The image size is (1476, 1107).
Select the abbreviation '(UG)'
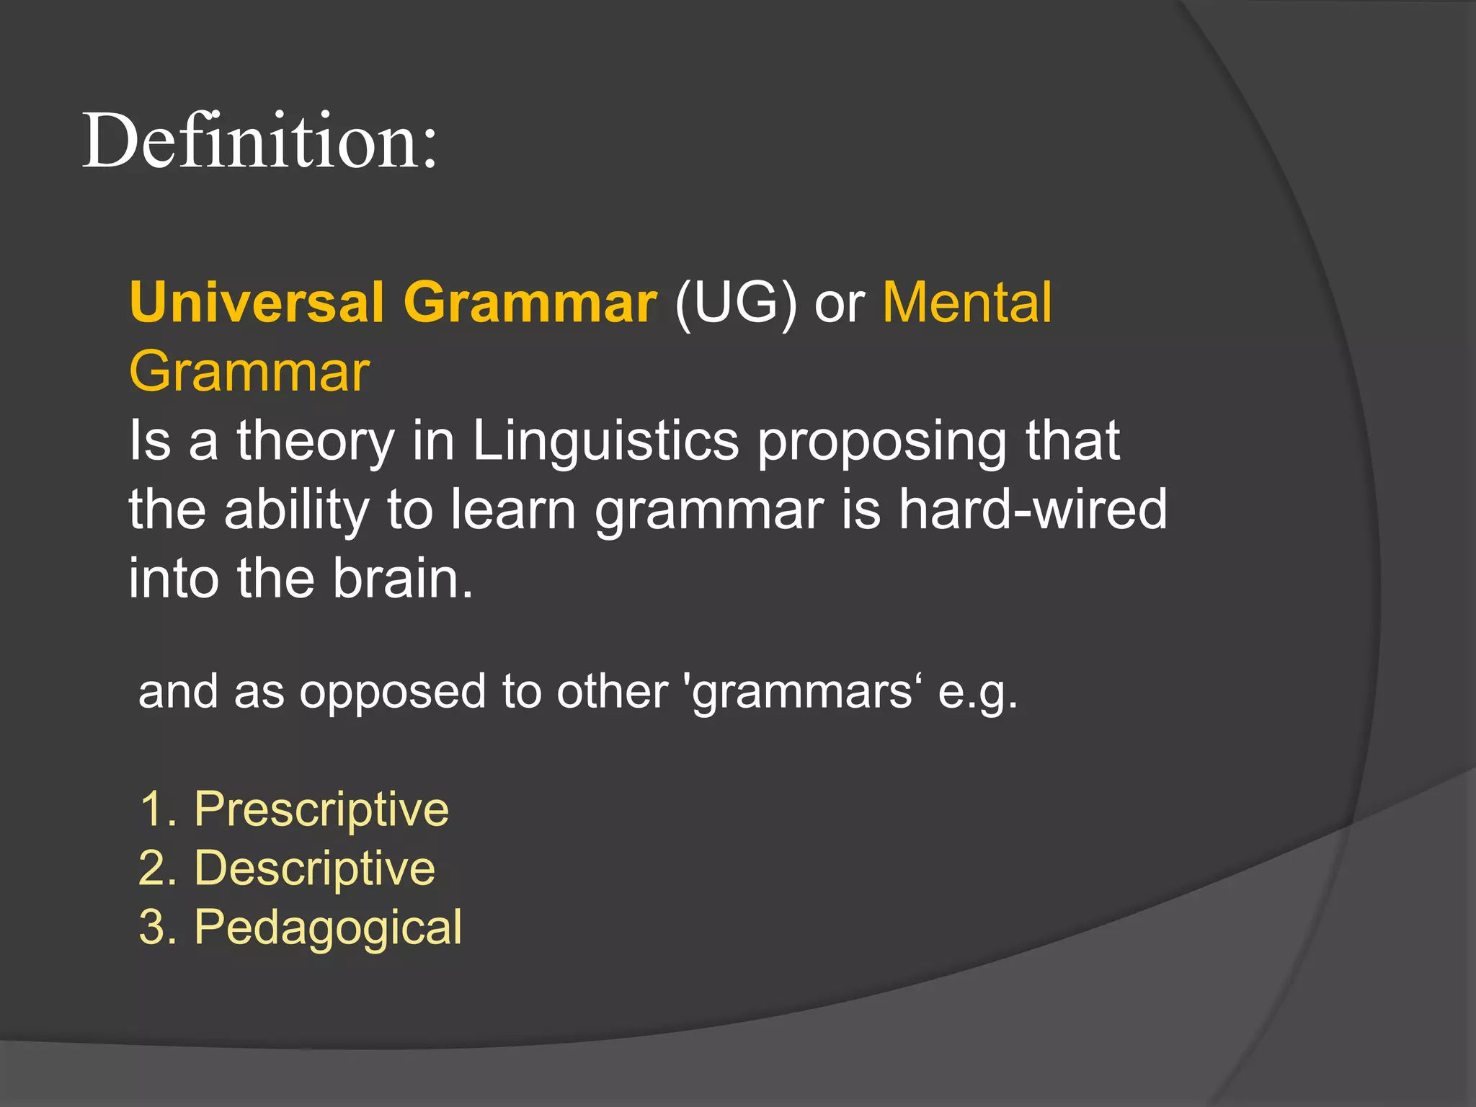coord(736,303)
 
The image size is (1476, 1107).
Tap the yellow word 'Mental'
coord(967,302)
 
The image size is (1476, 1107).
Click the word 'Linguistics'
coord(605,441)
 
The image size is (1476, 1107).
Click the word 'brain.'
coord(403,579)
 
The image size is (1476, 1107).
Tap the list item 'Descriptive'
coord(315,868)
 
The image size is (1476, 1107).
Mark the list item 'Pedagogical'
coord(328,929)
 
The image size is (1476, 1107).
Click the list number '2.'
coord(158,868)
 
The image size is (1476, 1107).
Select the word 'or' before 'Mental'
coord(839,303)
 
